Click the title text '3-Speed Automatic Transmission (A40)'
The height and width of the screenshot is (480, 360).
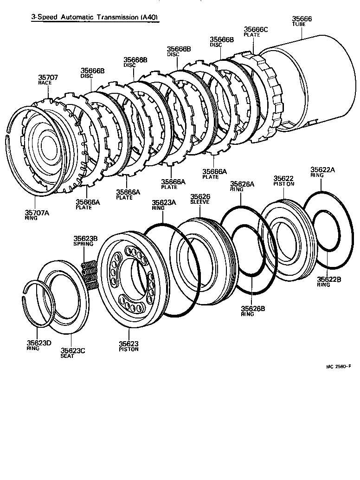(95, 18)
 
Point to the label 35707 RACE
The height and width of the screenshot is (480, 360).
(48, 79)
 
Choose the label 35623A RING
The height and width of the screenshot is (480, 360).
(164, 205)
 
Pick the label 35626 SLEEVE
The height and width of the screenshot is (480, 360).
(200, 199)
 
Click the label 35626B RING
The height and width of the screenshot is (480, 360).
(253, 311)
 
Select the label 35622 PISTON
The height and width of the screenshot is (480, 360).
(283, 181)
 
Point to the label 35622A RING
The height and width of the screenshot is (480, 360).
(322, 172)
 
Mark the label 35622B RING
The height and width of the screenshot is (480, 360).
(329, 281)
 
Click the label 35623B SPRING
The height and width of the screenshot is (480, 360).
(85, 241)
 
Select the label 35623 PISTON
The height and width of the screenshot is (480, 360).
(129, 346)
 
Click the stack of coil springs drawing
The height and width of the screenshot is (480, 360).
(90, 277)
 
